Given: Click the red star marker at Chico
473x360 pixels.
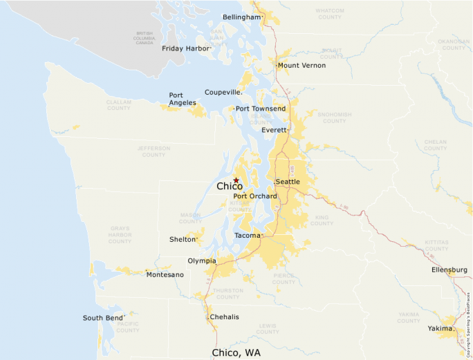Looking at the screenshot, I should click(x=236, y=180).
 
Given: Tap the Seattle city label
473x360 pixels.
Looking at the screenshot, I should click(x=288, y=182).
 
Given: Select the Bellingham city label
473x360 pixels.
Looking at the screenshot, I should click(x=242, y=17).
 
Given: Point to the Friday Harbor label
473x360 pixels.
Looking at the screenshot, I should click(x=185, y=48).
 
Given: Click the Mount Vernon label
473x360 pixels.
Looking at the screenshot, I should click(x=302, y=66).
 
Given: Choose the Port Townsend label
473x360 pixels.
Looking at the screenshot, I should click(x=261, y=108).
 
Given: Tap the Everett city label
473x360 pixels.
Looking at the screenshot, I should click(x=274, y=130).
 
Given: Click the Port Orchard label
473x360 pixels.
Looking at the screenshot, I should click(x=255, y=196).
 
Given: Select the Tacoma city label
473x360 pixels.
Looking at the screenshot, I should click(x=247, y=236).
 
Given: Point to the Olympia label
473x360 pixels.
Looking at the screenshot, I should click(x=201, y=261).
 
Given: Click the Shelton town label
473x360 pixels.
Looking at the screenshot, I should click(x=183, y=240).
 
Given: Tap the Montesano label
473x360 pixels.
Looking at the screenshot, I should click(x=165, y=275).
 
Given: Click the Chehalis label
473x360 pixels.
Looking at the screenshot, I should click(x=224, y=316).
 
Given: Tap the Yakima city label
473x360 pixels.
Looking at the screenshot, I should click(x=440, y=328).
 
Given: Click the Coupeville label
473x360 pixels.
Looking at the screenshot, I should click(x=223, y=92).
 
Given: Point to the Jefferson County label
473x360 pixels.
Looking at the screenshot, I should click(x=154, y=151).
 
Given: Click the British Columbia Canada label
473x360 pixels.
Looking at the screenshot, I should click(x=145, y=37).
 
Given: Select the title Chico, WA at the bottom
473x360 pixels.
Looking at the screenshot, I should click(x=236, y=352).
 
